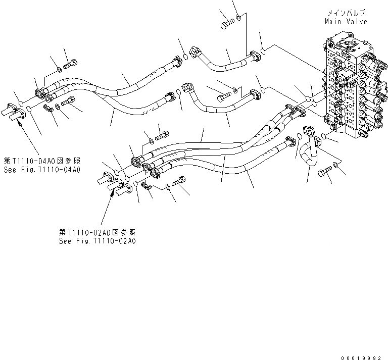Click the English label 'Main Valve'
[346, 21]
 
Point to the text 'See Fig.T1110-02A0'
[97, 241]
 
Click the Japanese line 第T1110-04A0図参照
[41, 161]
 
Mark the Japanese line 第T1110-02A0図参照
[97, 232]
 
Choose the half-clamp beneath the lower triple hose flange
[148, 188]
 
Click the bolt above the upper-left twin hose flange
[70, 64]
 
